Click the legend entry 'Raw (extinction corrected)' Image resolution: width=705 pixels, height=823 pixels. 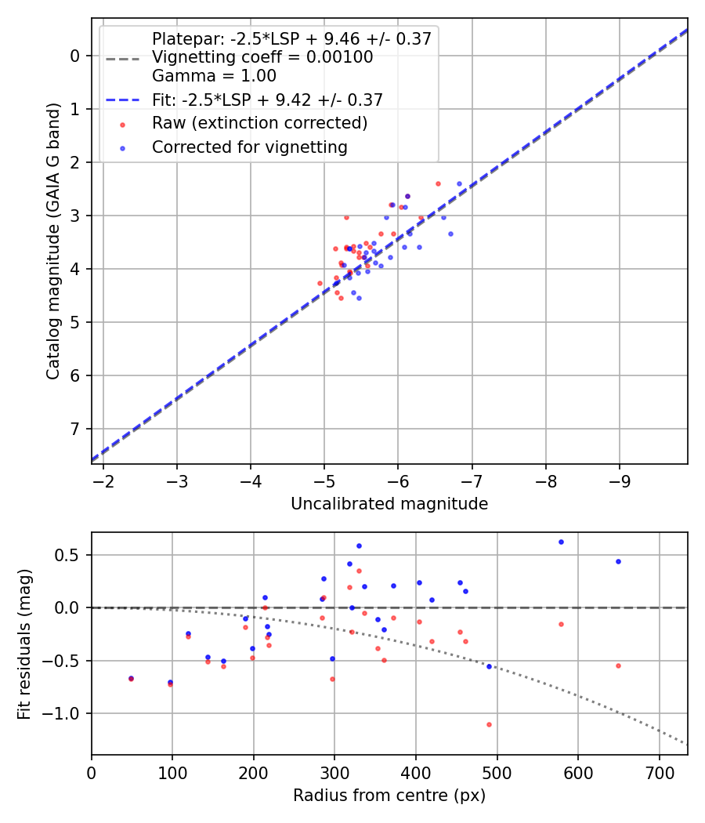(259, 123)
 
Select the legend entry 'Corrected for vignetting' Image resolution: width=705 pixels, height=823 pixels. (249, 147)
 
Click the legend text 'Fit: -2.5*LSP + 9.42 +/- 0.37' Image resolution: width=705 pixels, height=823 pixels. (267, 100)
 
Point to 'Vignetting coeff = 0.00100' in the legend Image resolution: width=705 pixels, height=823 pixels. (262, 57)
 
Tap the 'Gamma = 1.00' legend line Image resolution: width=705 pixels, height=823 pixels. (214, 76)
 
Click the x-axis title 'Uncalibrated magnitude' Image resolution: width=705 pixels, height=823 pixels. (389, 504)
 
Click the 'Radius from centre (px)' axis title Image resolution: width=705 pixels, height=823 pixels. (389, 796)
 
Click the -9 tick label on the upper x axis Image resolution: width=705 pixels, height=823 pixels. (620, 479)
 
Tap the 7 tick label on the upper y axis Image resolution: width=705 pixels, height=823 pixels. (75, 429)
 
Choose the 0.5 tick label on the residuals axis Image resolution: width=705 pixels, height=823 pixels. (71, 555)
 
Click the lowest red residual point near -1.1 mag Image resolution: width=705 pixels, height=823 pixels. (489, 724)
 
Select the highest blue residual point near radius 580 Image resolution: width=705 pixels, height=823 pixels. (561, 542)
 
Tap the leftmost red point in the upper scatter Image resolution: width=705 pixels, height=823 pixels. (320, 283)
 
